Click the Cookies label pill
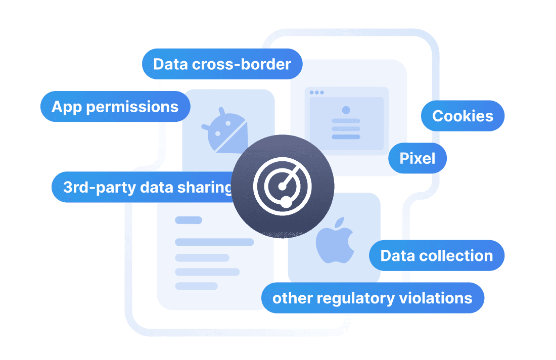click(462, 116)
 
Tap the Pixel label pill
click(418, 159)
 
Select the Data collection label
click(436, 255)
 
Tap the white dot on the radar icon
click(286, 202)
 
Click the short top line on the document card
click(188, 220)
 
